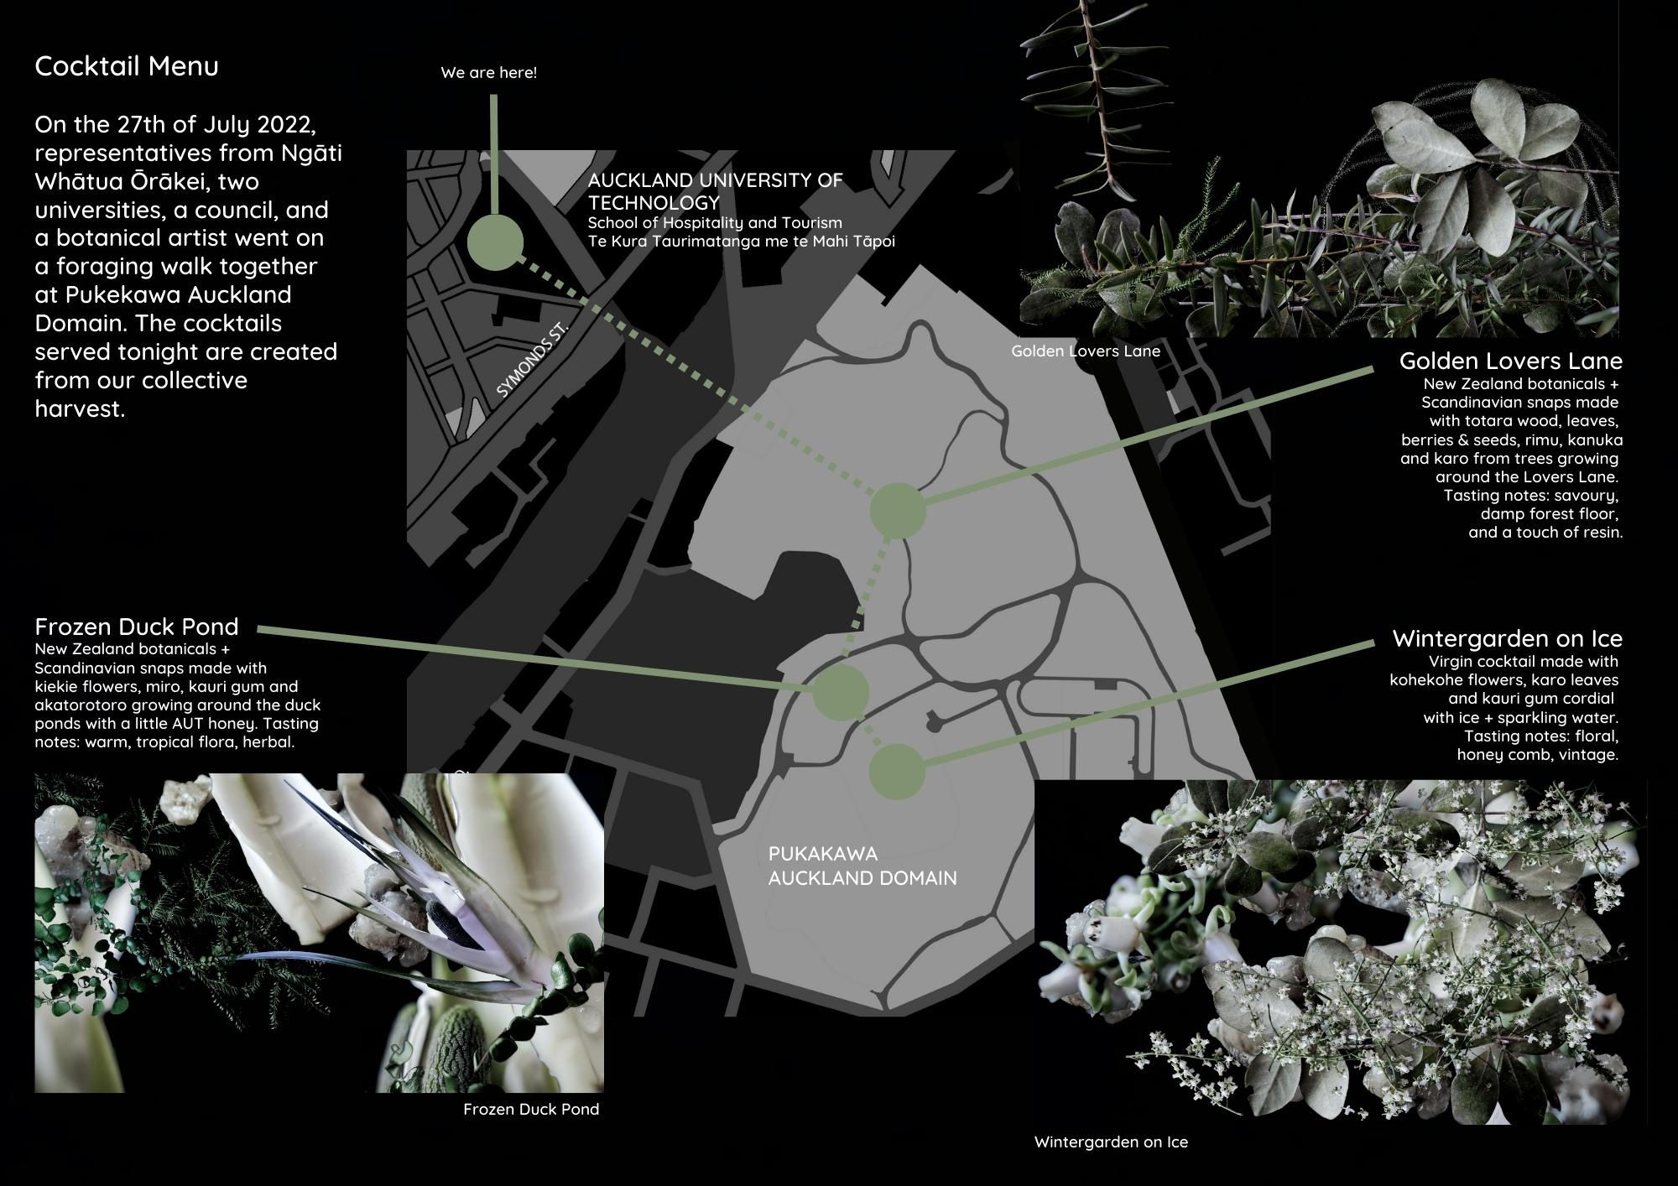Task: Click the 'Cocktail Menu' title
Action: pos(127,66)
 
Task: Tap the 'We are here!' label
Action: pos(488,73)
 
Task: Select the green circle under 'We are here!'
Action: pos(495,242)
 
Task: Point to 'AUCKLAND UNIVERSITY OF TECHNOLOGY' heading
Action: pos(715,191)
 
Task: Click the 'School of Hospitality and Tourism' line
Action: pos(714,222)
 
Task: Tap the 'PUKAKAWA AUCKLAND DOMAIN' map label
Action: pos(862,866)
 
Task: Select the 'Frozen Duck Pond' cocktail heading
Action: pos(137,627)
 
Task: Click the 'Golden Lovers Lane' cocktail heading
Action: pos(1510,362)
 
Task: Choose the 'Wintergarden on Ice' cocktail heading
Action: pos(1507,638)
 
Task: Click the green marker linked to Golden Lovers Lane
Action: pos(897,510)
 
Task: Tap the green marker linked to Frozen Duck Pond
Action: pos(840,693)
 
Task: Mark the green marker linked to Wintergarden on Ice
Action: pos(897,771)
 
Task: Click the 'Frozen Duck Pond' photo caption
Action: pos(531,1110)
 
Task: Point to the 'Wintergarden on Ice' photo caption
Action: pos(1111,1142)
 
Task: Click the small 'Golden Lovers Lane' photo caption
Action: pos(1085,351)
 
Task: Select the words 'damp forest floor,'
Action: pos(1549,514)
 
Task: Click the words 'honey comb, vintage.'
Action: pos(1537,755)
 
